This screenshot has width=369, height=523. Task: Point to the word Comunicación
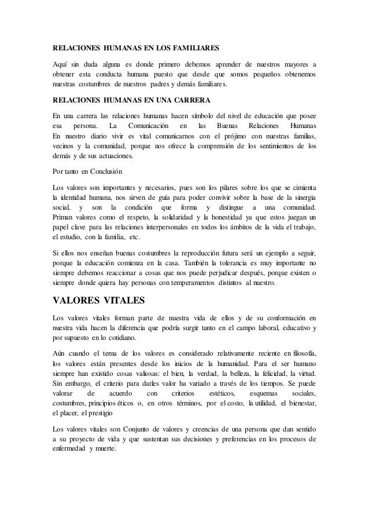point(149,126)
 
